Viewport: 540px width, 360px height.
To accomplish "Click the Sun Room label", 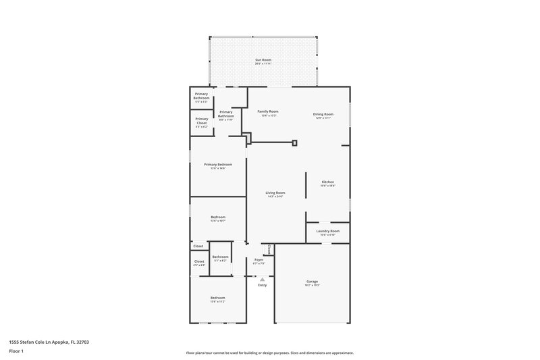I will click(x=263, y=60).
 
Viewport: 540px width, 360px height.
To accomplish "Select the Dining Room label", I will click(x=323, y=114).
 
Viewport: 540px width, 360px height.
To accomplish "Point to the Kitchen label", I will click(x=327, y=182).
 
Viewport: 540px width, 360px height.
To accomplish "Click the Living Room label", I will click(x=275, y=192).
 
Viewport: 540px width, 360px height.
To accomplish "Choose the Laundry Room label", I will click(x=327, y=231).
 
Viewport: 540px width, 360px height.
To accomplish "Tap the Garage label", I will click(x=312, y=281).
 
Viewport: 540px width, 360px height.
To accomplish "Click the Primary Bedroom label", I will click(x=217, y=165).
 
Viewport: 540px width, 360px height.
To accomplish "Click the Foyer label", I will click(x=259, y=259).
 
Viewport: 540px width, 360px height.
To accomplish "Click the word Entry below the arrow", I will click(x=262, y=285).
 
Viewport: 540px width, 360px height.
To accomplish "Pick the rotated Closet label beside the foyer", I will click(x=269, y=250).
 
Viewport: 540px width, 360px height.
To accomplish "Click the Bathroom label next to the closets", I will click(x=221, y=257).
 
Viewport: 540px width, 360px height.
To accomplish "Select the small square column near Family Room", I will click(x=295, y=143).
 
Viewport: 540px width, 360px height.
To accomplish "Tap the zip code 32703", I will click(x=82, y=342).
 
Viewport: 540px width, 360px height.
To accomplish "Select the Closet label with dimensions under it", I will click(x=199, y=261).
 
